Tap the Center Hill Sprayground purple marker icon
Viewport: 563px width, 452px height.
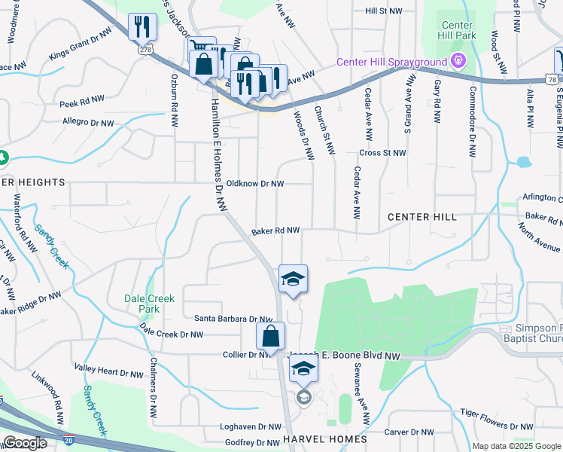pyautogui.click(x=456, y=61)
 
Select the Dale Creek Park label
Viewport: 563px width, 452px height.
pyautogui.click(x=149, y=304)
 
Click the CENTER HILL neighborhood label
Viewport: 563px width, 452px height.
pyautogui.click(x=421, y=217)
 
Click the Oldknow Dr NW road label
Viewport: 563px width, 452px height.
pyautogui.click(x=255, y=184)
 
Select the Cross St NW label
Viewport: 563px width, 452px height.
pyautogui.click(x=382, y=152)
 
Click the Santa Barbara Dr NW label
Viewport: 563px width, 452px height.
pyautogui.click(x=233, y=319)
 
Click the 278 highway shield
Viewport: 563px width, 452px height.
pyautogui.click(x=145, y=49)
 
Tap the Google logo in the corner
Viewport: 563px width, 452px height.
pyautogui.click(x=25, y=443)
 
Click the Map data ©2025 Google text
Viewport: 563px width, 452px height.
pyautogui.click(x=516, y=446)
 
